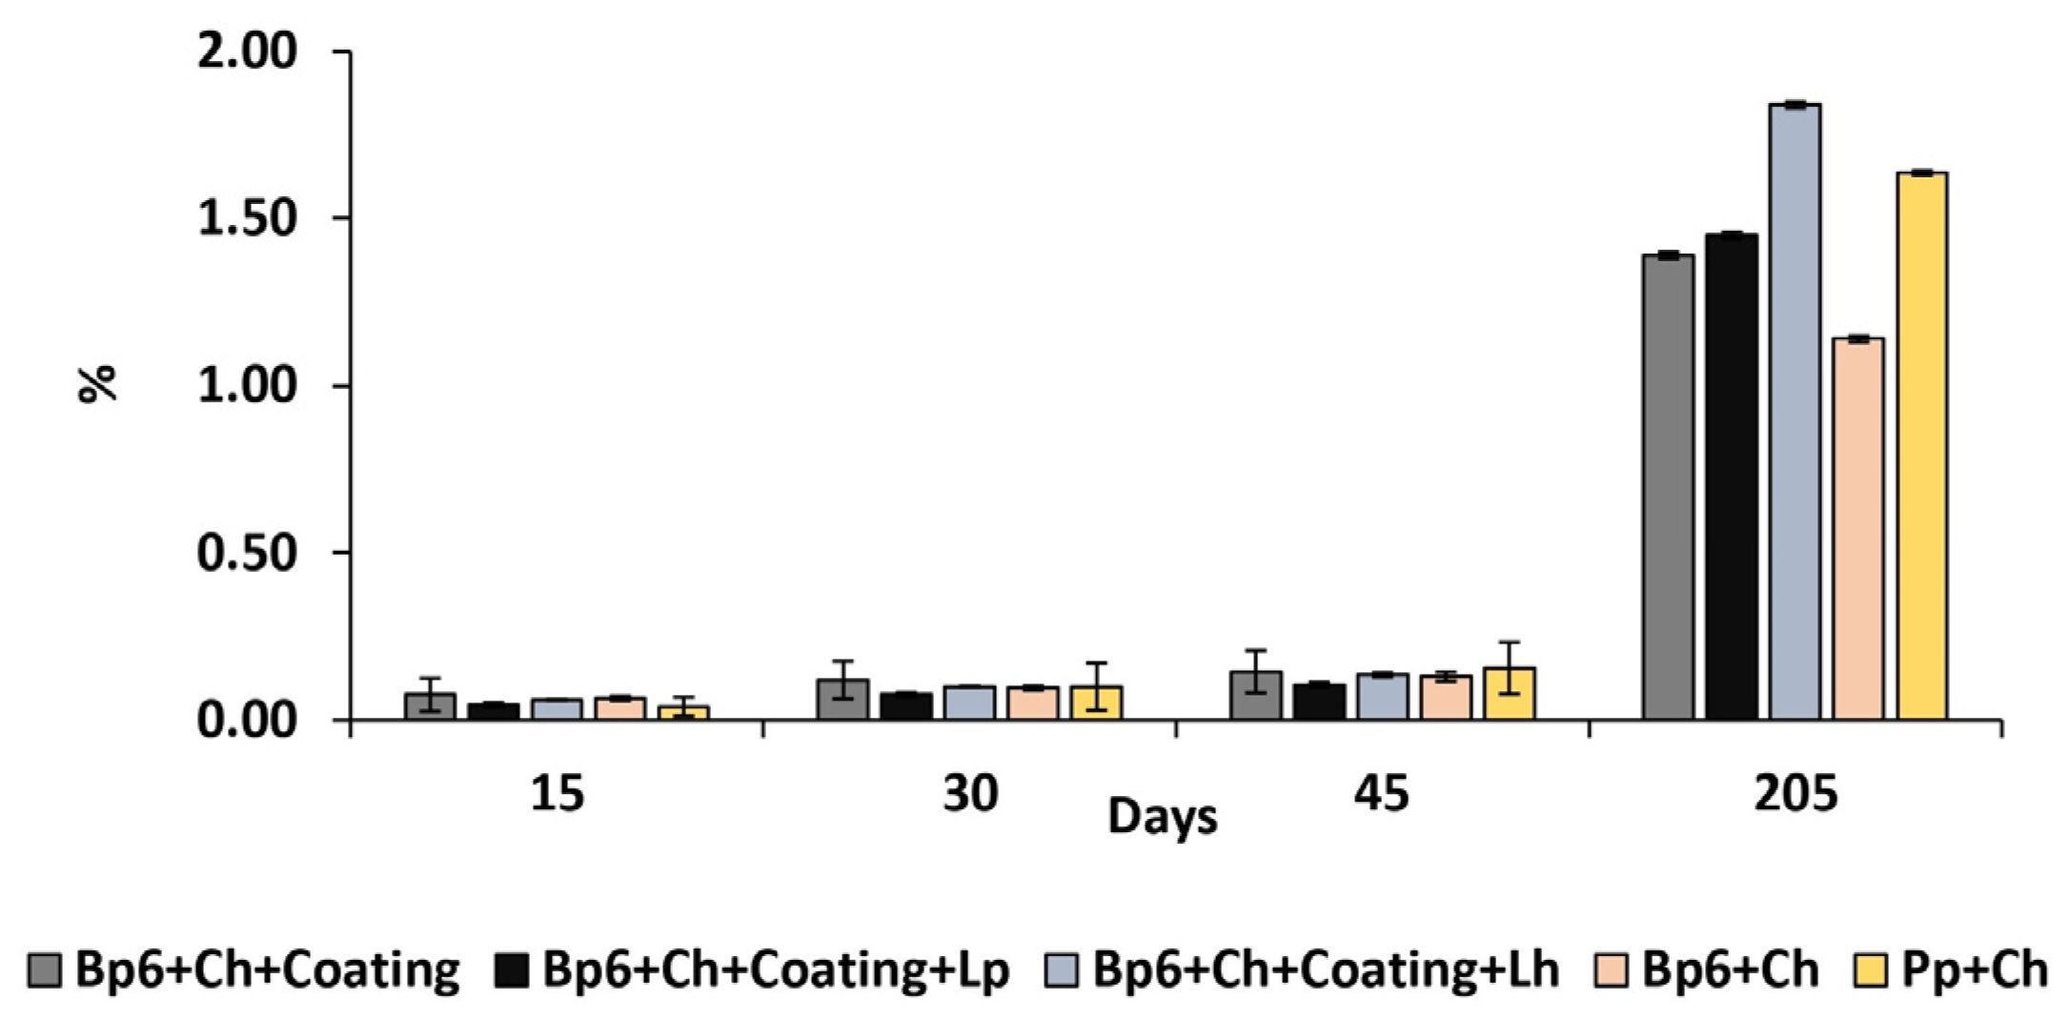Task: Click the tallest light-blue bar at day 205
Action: pos(1795,410)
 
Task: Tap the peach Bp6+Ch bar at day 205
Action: pos(1857,529)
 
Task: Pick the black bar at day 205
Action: pos(1731,477)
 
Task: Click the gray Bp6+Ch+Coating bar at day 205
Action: pos(1668,486)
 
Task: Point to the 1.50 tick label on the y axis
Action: pos(247,218)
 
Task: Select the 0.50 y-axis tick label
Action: pos(247,553)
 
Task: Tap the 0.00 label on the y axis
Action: pos(247,720)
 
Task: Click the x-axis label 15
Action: pos(557,793)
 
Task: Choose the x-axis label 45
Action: pos(1381,793)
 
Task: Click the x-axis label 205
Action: pos(1795,793)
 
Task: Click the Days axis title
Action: pos(1162,818)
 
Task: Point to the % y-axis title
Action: pos(97,384)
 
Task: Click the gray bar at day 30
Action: pos(842,700)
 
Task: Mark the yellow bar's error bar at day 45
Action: pos(1509,666)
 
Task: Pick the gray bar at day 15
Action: pos(430,706)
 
